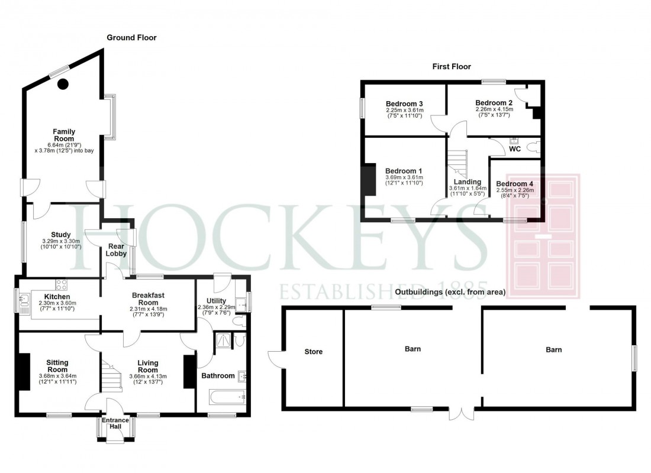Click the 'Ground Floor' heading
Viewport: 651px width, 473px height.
131,38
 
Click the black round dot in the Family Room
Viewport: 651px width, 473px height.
63,84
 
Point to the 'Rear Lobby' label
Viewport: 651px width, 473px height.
117,250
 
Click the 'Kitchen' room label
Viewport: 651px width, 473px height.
57,296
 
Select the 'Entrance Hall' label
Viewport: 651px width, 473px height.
116,425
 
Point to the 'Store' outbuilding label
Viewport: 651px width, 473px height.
313,352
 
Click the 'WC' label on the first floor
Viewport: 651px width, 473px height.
515,149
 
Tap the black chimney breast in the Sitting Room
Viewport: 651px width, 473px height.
24,371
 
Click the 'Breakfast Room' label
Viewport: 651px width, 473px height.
149,299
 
